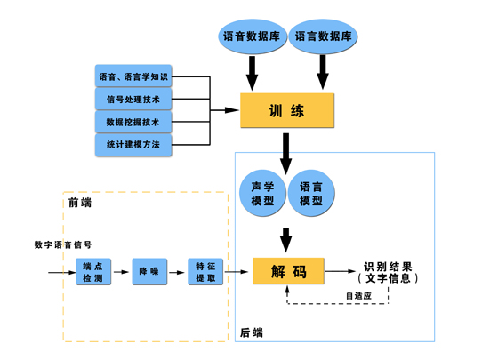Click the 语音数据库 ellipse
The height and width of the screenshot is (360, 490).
coord(252,36)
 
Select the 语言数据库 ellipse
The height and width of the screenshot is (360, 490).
coord(323,36)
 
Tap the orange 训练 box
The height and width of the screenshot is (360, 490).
coord(287,110)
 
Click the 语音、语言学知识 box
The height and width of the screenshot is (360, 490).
coord(133,76)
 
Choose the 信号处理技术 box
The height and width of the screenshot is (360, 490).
coord(133,99)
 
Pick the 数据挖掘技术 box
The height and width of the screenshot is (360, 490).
coord(133,122)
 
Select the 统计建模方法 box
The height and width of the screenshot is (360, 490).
coord(133,145)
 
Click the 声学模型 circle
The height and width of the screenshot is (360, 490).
coord(262,193)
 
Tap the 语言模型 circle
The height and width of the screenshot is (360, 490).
coord(311,193)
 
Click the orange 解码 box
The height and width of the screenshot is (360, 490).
coord(288,271)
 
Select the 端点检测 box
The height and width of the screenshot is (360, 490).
coord(93,272)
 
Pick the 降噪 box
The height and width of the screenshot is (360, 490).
coord(149,272)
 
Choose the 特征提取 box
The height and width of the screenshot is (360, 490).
coord(205,272)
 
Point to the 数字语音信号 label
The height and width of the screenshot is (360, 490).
coord(63,244)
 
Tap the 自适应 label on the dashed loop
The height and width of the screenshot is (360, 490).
coord(358,295)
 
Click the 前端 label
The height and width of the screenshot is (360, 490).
coord(80,203)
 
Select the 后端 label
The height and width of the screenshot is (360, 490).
coord(252,332)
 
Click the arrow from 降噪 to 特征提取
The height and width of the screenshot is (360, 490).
coord(177,272)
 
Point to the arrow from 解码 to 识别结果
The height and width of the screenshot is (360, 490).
coord(341,271)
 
